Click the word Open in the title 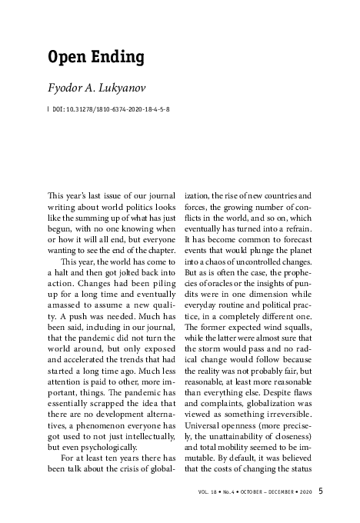(x=66, y=57)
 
